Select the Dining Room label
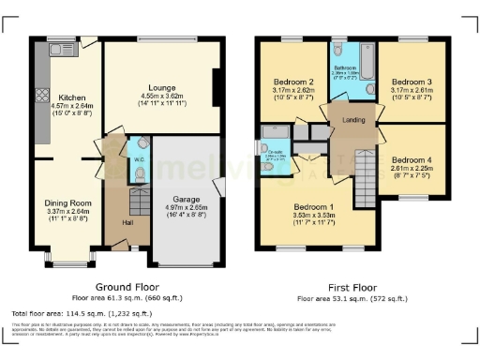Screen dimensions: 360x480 (x=67, y=202)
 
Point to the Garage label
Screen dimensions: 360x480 (x=188, y=199)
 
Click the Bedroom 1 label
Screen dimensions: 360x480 (x=313, y=206)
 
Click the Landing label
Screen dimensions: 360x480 (x=353, y=119)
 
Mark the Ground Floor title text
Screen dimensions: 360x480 (x=127, y=286)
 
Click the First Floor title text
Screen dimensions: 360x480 (x=352, y=286)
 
